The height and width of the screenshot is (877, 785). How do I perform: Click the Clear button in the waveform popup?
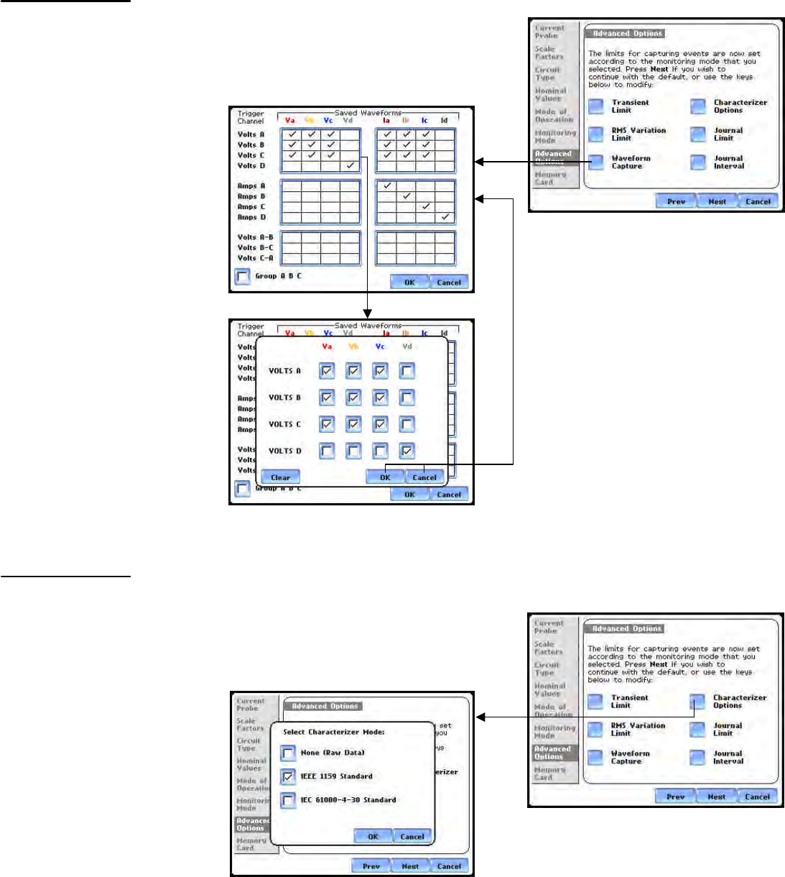[280, 477]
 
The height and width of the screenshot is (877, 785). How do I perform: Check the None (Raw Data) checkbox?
[288, 753]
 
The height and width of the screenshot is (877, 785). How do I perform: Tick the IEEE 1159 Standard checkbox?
[288, 776]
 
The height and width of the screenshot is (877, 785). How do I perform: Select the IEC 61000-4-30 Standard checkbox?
[288, 800]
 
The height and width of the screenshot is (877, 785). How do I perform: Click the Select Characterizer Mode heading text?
[333, 732]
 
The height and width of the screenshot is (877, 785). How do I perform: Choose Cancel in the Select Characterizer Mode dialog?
[412, 837]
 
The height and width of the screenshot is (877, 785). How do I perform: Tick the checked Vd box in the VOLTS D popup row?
[407, 451]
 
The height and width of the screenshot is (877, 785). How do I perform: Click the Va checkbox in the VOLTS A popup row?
[327, 371]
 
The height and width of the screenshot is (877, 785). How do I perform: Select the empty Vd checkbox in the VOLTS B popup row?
[407, 398]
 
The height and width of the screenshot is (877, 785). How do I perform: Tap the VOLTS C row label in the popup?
[284, 424]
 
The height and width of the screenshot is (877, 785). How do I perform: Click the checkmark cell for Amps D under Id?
[445, 216]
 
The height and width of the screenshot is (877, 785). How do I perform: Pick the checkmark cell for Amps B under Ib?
[407, 196]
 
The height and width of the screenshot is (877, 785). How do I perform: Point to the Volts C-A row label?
[255, 258]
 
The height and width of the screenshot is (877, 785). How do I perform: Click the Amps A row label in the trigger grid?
[251, 186]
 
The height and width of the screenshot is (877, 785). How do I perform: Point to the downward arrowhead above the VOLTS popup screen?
[367, 313]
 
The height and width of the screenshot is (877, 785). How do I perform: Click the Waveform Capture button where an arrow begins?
[596, 162]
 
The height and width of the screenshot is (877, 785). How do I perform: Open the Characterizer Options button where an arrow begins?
[697, 702]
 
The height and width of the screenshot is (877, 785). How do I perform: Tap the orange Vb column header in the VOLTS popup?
[353, 346]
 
